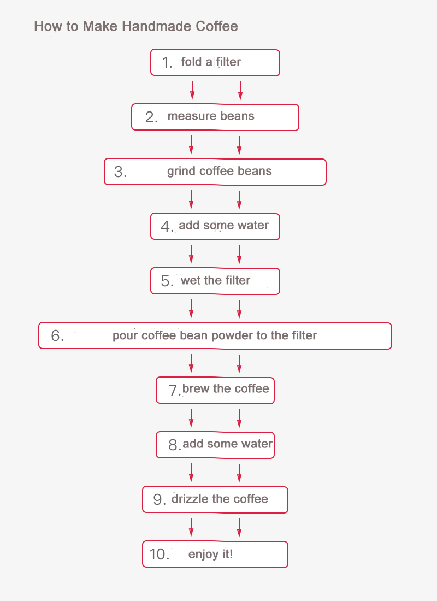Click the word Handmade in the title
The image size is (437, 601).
point(157,26)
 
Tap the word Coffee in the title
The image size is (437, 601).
point(216,26)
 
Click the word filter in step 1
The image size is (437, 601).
point(228,62)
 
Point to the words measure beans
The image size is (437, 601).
point(211,116)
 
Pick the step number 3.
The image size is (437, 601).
point(120,172)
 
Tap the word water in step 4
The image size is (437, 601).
point(253,225)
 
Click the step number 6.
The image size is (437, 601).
point(57,336)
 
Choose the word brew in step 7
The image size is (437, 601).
point(196,388)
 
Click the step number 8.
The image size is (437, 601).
point(174,445)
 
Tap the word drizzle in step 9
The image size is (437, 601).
point(190,499)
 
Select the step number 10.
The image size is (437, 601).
point(159,554)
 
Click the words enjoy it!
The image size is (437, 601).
point(210,554)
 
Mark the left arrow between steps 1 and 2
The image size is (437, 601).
point(192,90)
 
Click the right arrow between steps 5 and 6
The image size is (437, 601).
point(239,309)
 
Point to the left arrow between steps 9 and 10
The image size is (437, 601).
point(191,527)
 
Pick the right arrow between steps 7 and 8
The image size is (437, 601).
point(239,418)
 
